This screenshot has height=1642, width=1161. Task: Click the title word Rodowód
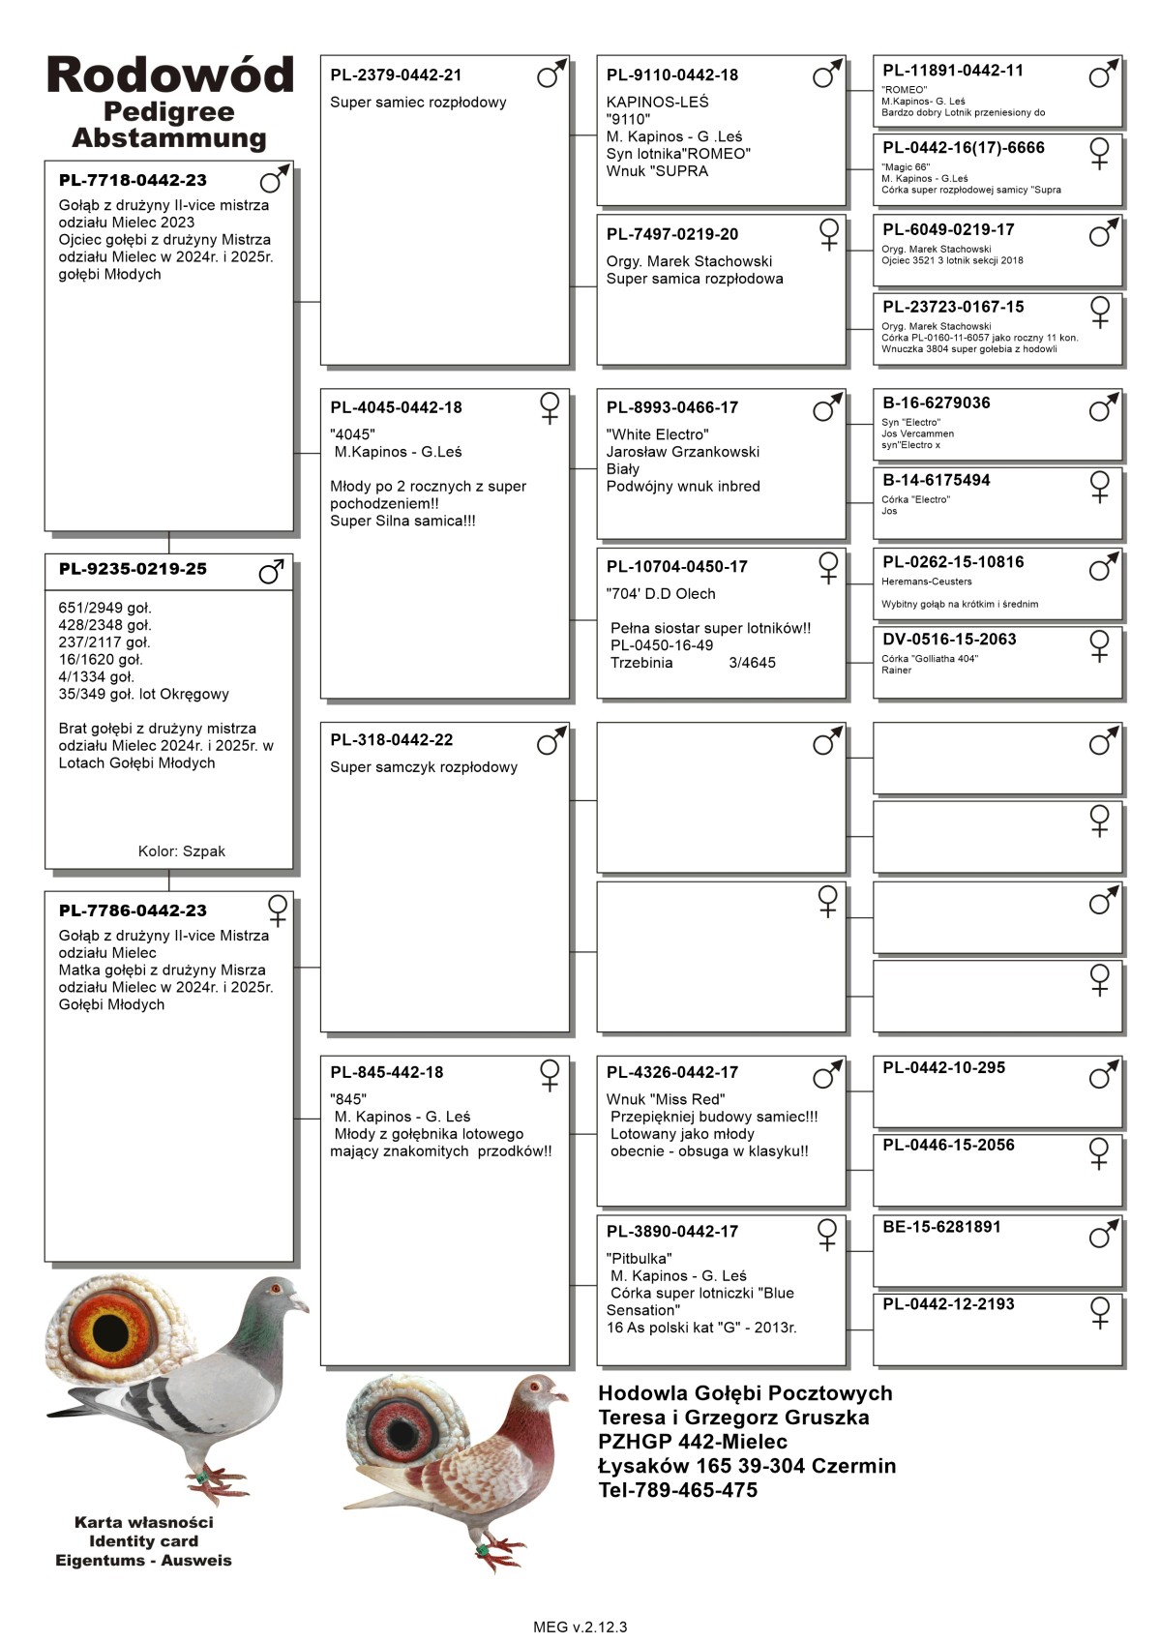pyautogui.click(x=169, y=75)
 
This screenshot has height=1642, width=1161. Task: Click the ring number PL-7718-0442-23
pyautogui.click(x=133, y=181)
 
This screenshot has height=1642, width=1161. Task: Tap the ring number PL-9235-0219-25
pyautogui.click(x=133, y=569)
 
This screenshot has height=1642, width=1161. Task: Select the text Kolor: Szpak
pyautogui.click(x=181, y=851)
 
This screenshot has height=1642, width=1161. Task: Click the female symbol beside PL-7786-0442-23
pyautogui.click(x=278, y=910)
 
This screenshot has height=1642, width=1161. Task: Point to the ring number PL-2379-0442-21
pyautogui.click(x=396, y=75)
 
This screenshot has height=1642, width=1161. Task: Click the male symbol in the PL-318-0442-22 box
pyautogui.click(x=551, y=742)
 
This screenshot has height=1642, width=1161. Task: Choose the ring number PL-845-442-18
pyautogui.click(x=386, y=1072)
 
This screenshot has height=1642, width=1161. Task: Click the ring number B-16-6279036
pyautogui.click(x=936, y=403)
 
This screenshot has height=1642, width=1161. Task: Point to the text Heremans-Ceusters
pyautogui.click(x=926, y=582)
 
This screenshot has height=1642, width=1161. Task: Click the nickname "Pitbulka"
pyautogui.click(x=639, y=1259)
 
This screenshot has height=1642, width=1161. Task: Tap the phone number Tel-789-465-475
pyautogui.click(x=677, y=1490)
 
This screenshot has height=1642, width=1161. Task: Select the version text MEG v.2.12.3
pyautogui.click(x=580, y=1627)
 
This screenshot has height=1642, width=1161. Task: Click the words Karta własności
pyautogui.click(x=143, y=1522)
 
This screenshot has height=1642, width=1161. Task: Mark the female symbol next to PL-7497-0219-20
pyautogui.click(x=829, y=234)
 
